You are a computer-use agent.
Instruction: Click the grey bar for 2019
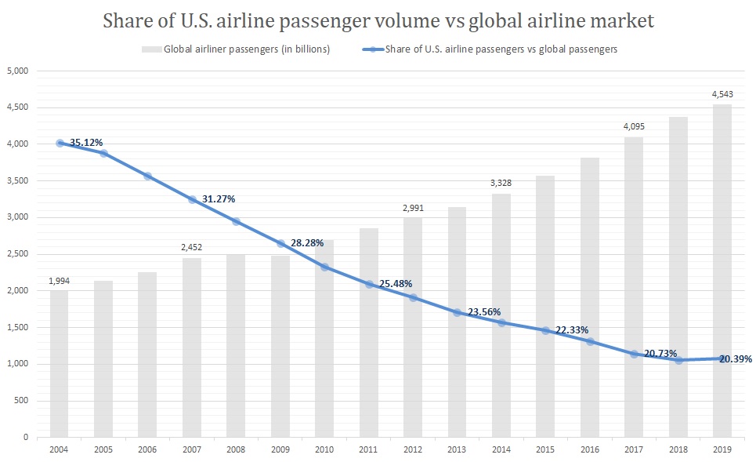click(723, 271)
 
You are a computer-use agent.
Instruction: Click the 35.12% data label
click(86, 142)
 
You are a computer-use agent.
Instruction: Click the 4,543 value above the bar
click(723, 94)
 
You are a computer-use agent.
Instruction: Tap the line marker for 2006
click(147, 176)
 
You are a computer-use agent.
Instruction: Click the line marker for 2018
click(679, 360)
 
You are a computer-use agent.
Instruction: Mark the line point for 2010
click(324, 267)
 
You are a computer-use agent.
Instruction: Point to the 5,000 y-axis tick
click(16, 71)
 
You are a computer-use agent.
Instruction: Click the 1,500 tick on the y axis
click(16, 327)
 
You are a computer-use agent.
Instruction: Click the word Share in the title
click(128, 21)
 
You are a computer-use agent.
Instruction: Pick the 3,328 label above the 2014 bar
click(501, 183)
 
